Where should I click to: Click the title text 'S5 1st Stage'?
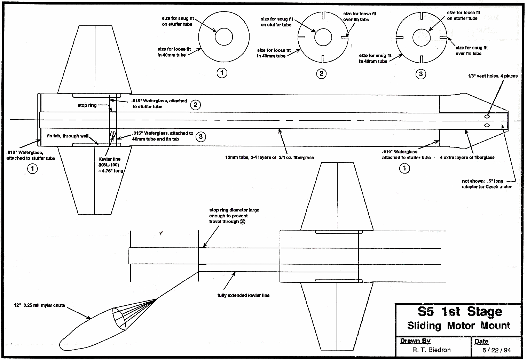460,312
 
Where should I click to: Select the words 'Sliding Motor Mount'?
458,326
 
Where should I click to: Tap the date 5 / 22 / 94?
497,350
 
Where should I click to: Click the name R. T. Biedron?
432,350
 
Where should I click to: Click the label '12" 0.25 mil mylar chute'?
40,305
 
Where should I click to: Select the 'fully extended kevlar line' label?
244,295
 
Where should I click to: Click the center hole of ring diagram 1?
224,37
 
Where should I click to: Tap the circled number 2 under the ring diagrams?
321,74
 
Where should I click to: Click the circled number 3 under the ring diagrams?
421,74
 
